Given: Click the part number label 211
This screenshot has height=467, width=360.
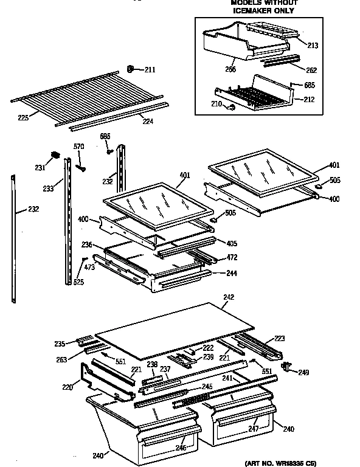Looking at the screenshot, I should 150,70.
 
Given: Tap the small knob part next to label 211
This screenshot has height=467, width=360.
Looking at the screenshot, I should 131,68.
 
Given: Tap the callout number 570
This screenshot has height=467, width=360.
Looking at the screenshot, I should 78,147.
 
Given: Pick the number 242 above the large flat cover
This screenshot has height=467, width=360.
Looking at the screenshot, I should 229,297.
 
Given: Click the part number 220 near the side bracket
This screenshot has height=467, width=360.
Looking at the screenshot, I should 67,387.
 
